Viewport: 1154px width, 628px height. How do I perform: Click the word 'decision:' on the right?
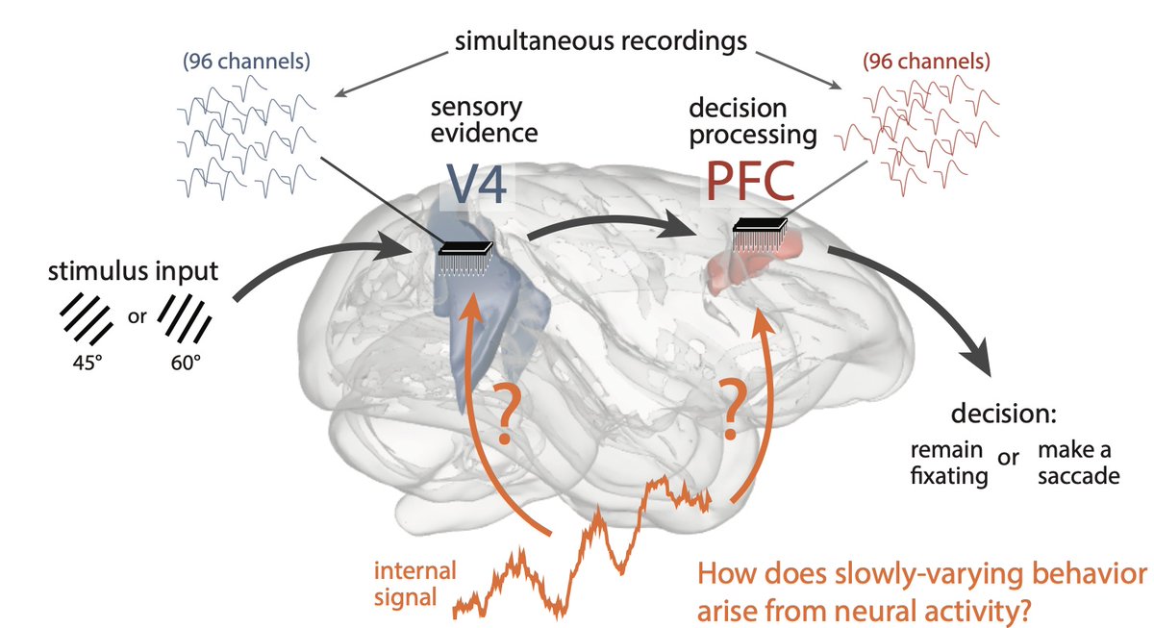coord(1004,414)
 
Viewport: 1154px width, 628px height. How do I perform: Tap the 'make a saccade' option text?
coord(1078,463)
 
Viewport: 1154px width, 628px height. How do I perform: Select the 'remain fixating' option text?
coord(947,463)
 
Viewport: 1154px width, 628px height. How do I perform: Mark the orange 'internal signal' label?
coord(402,581)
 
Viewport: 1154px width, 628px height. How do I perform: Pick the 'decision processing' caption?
coord(755,120)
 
